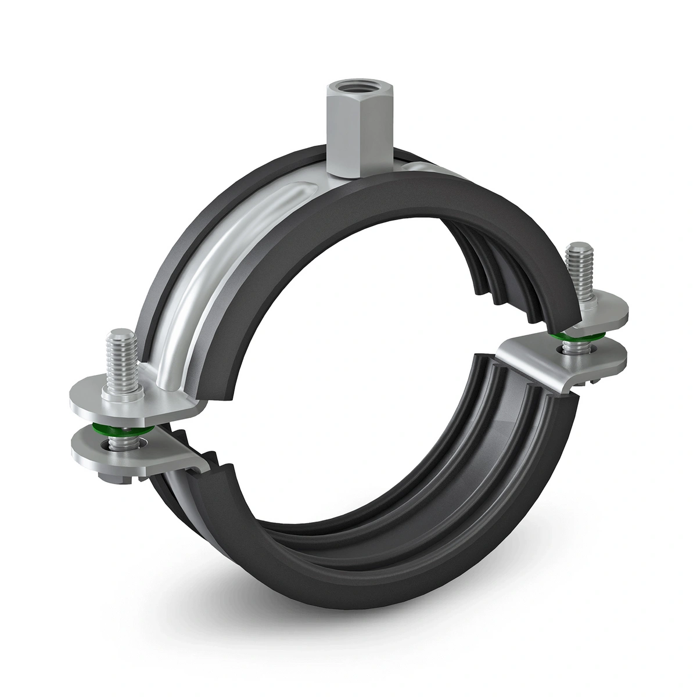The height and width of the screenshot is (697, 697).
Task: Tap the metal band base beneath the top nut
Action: tap(343, 174)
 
